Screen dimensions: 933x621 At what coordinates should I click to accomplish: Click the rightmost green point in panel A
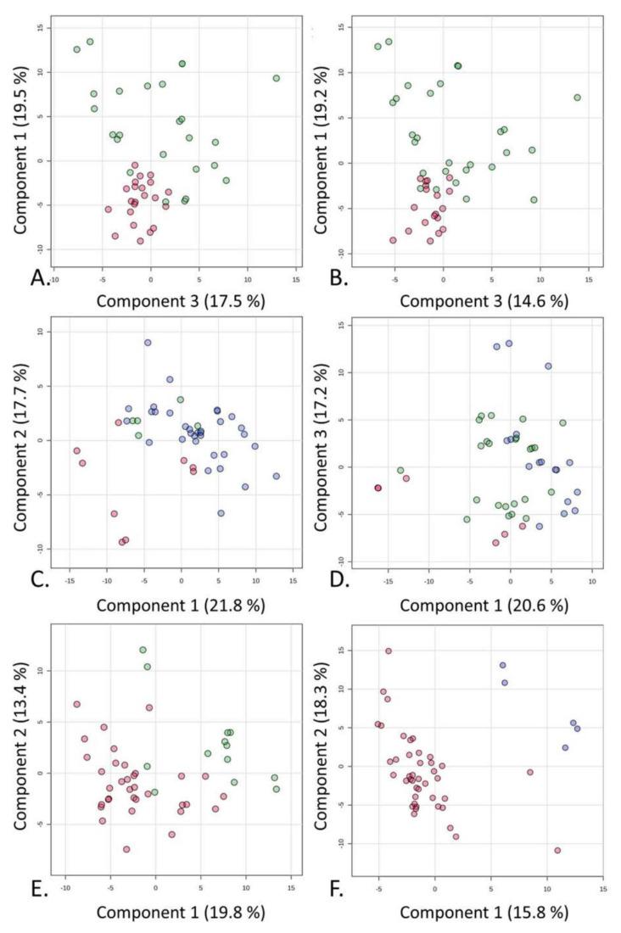pos(277,78)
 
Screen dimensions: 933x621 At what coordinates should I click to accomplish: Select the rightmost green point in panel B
pos(577,98)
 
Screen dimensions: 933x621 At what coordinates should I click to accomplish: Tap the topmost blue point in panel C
pos(148,343)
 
